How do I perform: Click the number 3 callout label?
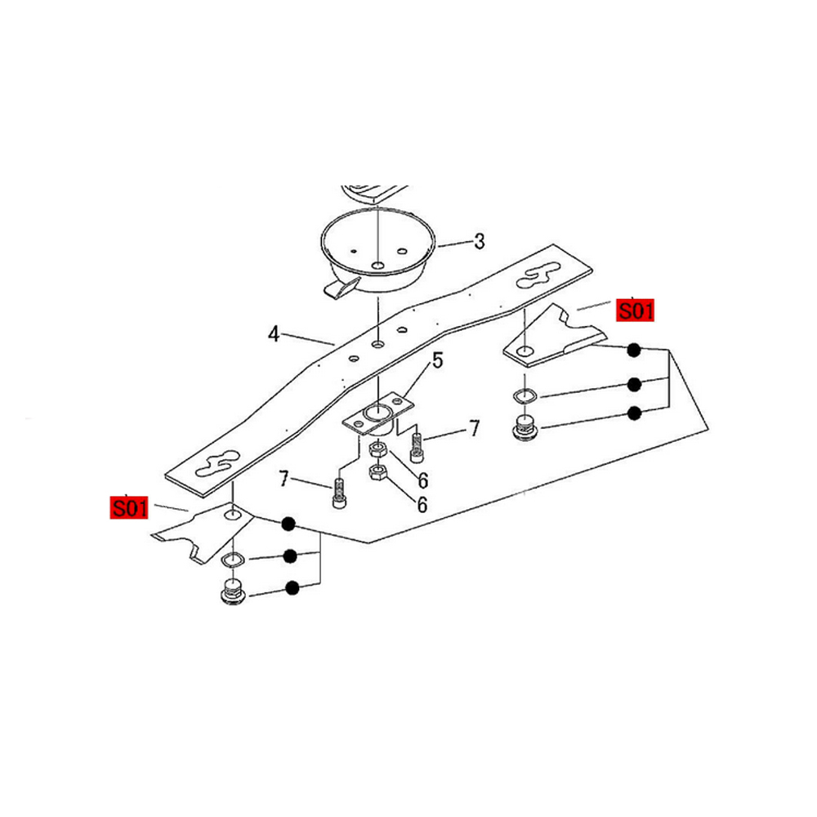click(480, 241)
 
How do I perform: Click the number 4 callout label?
click(274, 334)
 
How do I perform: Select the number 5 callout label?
click(438, 360)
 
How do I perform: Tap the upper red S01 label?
click(635, 310)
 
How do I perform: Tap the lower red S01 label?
click(129, 507)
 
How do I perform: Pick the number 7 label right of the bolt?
click(474, 428)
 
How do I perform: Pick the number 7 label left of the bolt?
click(283, 478)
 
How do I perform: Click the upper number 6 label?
click(423, 480)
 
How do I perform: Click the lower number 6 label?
click(422, 504)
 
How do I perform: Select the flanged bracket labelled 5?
click(377, 415)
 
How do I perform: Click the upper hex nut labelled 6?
click(377, 449)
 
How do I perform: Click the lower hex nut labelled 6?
click(377, 473)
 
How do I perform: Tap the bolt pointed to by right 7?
click(417, 448)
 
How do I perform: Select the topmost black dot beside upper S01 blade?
click(634, 350)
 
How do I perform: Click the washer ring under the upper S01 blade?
click(525, 396)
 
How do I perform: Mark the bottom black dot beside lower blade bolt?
click(292, 588)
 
